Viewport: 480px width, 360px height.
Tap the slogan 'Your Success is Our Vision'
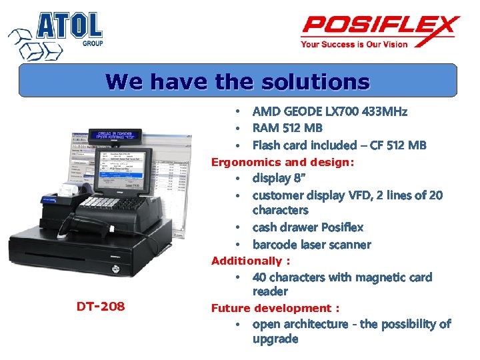pyautogui.click(x=354, y=45)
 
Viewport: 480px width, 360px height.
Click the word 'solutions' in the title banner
pyautogui.click(x=315, y=82)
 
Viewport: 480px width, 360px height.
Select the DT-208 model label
pyautogui.click(x=101, y=306)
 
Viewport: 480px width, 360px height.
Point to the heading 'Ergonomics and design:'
pyautogui.click(x=283, y=162)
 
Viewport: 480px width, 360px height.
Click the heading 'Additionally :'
pyautogui.click(x=250, y=261)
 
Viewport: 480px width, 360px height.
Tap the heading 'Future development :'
pyautogui.click(x=275, y=308)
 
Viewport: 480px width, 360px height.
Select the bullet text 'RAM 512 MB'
pyautogui.click(x=287, y=128)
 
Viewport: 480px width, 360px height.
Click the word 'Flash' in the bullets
pyautogui.click(x=267, y=145)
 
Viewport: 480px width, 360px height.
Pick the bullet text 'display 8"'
pyautogui.click(x=280, y=179)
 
